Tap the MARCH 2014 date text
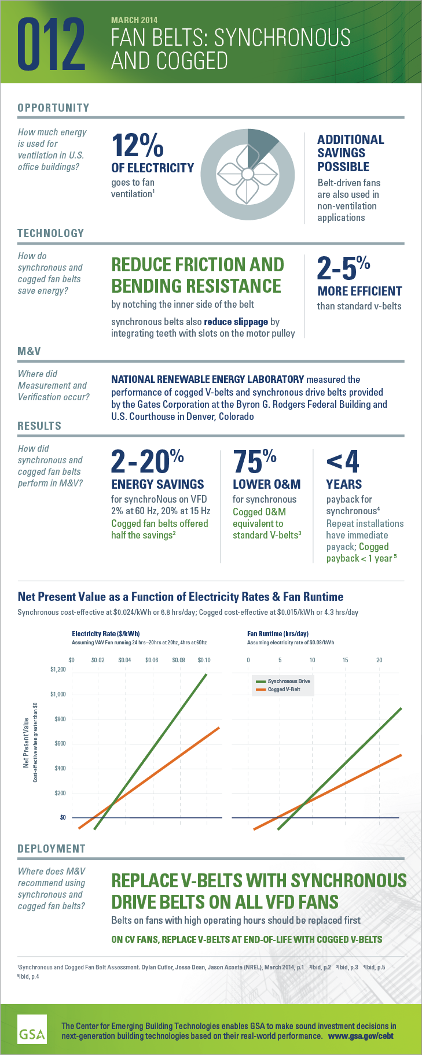(x=134, y=20)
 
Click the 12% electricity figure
(x=137, y=146)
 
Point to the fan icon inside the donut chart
(x=247, y=174)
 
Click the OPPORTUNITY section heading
(x=53, y=108)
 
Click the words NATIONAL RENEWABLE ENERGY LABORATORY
(x=207, y=379)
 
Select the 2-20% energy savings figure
(x=147, y=462)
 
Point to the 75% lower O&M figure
(x=254, y=462)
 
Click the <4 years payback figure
(x=343, y=462)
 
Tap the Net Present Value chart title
(x=181, y=596)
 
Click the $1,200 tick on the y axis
(x=58, y=670)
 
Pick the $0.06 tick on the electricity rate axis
(x=152, y=660)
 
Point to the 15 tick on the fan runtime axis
(x=345, y=660)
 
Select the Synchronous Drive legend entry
(x=288, y=681)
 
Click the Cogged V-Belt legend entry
(x=284, y=689)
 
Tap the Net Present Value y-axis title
(x=26, y=743)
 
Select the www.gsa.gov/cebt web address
(x=361, y=1036)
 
